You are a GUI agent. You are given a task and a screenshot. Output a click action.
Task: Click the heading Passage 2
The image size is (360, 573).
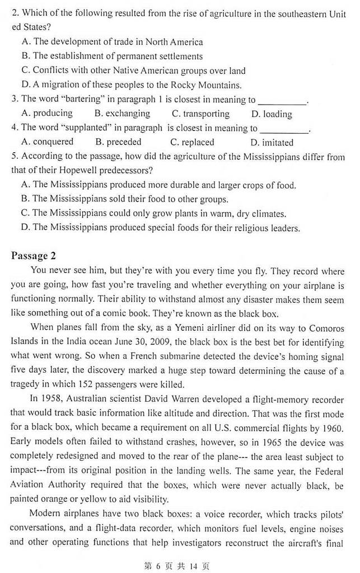pyautogui.click(x=33, y=256)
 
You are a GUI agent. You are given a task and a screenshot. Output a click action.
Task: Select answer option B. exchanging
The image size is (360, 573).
pyautogui.click(x=120, y=114)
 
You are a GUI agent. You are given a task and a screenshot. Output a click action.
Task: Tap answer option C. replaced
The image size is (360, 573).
pyautogui.click(x=192, y=142)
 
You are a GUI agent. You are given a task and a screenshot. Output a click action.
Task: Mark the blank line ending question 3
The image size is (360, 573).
pyautogui.click(x=282, y=102)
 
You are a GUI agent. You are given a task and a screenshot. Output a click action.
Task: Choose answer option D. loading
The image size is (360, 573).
pyautogui.click(x=272, y=114)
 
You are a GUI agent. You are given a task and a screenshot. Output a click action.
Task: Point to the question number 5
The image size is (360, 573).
pyautogui.click(x=14, y=157)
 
